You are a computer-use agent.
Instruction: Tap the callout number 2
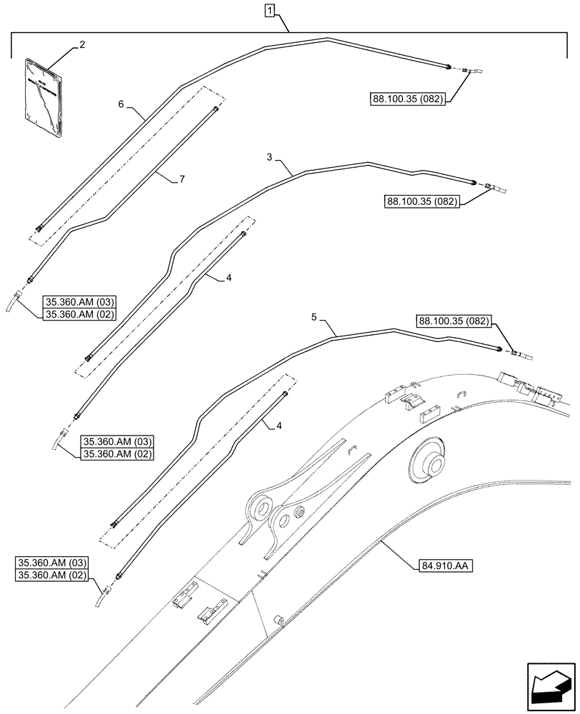click(82, 44)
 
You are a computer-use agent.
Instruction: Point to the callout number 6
click(121, 104)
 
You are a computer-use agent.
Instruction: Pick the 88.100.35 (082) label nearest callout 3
click(423, 203)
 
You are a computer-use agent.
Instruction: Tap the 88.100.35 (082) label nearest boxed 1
click(406, 100)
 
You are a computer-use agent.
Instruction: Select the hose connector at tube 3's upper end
click(491, 188)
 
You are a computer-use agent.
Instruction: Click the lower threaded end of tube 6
click(39, 228)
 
